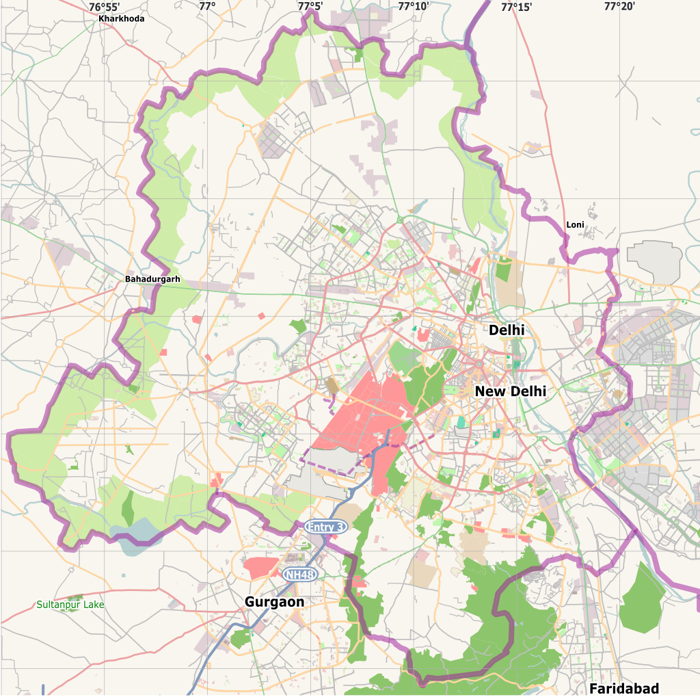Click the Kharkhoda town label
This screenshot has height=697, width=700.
coord(121,18)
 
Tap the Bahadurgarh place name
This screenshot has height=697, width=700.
coord(152,279)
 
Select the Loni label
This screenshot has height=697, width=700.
coord(575,225)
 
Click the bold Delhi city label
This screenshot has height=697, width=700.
coord(507,330)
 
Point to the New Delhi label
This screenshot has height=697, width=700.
coord(510,391)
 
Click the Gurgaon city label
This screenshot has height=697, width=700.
coord(274,601)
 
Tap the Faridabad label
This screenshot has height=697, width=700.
coord(624,687)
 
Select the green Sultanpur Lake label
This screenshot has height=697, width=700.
coord(70,605)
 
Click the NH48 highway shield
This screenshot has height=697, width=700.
coord(300,575)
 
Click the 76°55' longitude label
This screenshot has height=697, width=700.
coord(104,7)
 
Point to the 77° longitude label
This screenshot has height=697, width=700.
coord(207,7)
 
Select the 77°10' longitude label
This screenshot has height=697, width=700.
coord(413,7)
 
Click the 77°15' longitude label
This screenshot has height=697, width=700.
coord(516,7)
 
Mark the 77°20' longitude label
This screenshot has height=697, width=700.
coord(619,7)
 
